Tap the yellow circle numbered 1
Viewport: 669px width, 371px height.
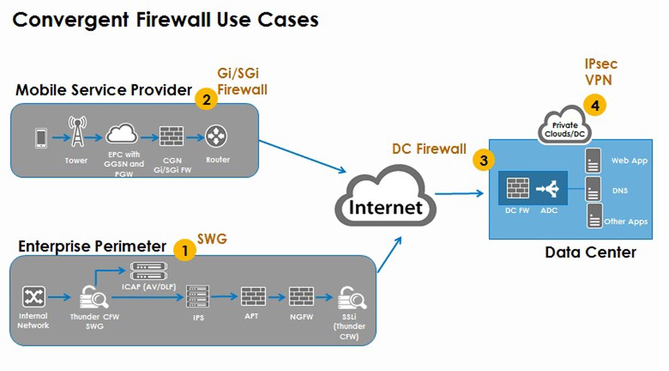point(185,251)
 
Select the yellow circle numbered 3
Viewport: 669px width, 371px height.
point(484,160)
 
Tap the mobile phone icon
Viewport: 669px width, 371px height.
point(41,138)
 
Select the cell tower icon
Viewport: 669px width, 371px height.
point(76,132)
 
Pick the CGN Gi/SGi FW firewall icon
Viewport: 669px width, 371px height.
point(171,135)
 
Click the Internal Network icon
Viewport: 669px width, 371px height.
point(33,297)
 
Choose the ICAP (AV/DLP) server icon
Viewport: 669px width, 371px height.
point(149,270)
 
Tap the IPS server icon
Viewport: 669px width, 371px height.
point(198,297)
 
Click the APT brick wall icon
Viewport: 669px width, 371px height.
point(253,297)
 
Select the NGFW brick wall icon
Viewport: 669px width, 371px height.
point(301,297)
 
